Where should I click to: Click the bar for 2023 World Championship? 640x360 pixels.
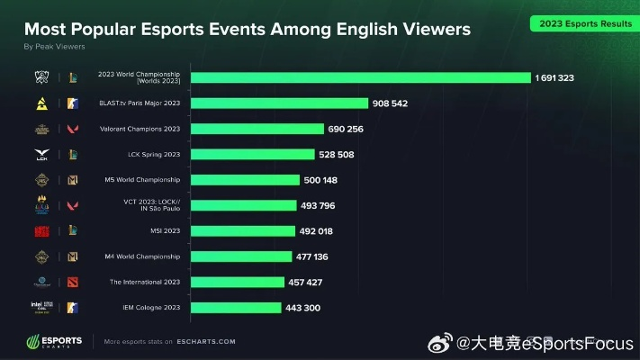coord(360,78)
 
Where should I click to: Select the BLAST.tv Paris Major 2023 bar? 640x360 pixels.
coord(279,103)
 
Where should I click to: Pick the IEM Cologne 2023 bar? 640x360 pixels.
coord(236,308)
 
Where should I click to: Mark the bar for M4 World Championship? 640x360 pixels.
coord(241,256)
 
